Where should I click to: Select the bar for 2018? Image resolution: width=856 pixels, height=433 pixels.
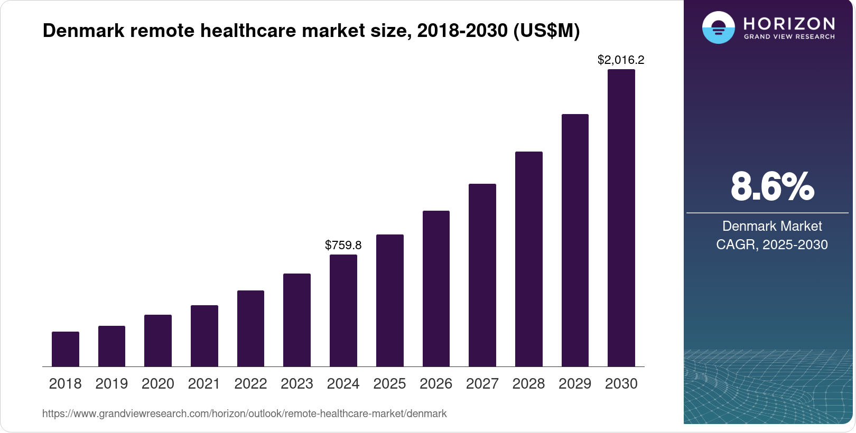66,349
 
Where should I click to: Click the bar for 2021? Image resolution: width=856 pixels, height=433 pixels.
204,336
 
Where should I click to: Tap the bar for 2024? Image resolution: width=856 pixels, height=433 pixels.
343,310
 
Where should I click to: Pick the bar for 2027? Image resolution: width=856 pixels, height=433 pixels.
482,275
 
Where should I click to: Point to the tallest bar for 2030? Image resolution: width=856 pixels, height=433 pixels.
621,218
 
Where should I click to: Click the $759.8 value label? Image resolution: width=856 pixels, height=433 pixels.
343,245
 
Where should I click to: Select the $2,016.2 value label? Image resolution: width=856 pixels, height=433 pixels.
621,60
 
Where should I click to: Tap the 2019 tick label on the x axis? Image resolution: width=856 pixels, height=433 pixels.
111,384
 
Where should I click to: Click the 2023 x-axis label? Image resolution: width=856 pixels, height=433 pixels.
297,384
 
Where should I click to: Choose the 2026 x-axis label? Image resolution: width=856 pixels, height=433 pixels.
436,384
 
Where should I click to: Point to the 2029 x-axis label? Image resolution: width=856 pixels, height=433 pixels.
575,384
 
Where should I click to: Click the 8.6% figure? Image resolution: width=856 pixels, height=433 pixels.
772,187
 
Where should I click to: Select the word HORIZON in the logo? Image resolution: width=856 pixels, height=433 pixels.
789,24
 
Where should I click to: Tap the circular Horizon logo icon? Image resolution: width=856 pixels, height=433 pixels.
718,27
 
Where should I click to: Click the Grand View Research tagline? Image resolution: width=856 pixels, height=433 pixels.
789,37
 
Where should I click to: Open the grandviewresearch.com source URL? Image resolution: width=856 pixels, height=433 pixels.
244,414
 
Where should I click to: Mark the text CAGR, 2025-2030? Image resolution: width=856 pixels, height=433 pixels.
772,245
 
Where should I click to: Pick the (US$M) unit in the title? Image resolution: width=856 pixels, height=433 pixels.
546,31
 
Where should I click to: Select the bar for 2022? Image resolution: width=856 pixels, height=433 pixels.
251,328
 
